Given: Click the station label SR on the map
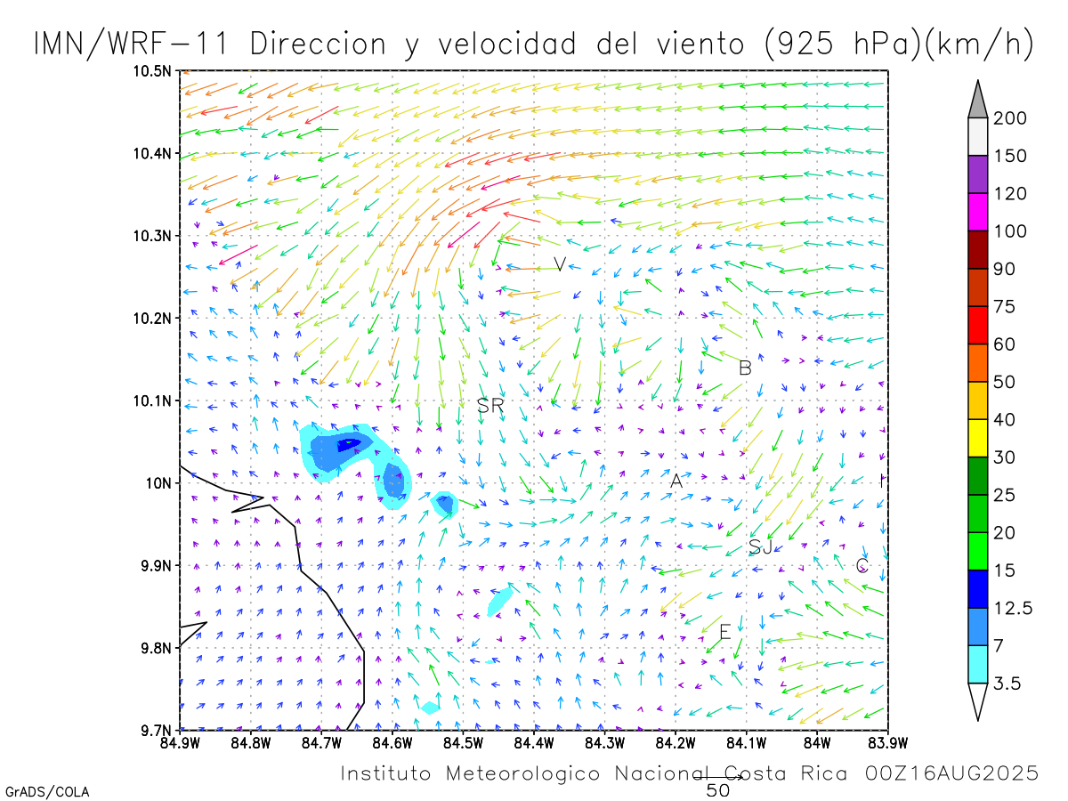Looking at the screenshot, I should coord(490,406).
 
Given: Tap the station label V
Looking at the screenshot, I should coord(559,264).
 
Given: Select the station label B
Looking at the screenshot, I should coord(745,368).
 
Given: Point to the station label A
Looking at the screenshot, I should coord(676,481).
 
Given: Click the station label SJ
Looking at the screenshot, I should coord(761,546).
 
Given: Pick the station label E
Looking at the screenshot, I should coord(724,633).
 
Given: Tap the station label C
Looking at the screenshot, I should coord(862,565).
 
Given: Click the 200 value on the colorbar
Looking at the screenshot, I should coord(1010,118).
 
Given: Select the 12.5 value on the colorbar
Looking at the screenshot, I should coord(1013,608).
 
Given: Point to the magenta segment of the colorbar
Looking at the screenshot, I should coord(977,213).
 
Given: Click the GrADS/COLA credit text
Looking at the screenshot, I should coord(47,791).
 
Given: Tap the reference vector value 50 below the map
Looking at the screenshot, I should coord(718,789).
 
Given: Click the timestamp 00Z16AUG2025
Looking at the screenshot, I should coord(951,773).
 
